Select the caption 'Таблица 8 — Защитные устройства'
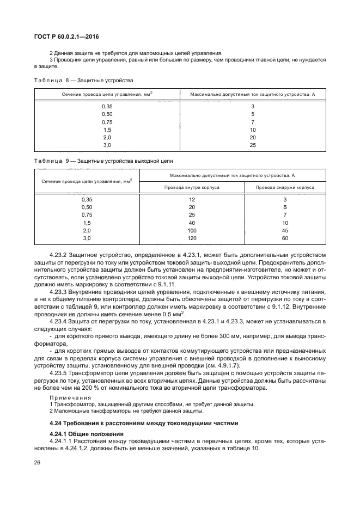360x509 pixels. point(83,80)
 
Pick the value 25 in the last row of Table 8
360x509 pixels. point(253,145)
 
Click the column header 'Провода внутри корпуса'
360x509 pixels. point(192,187)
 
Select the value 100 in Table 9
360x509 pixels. point(192,231)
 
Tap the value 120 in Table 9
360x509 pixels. point(192,238)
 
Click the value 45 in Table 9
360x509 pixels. point(285,231)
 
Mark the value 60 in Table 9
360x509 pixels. point(285,238)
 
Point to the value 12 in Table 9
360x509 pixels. point(192,200)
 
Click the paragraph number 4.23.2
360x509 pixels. point(59,255)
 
